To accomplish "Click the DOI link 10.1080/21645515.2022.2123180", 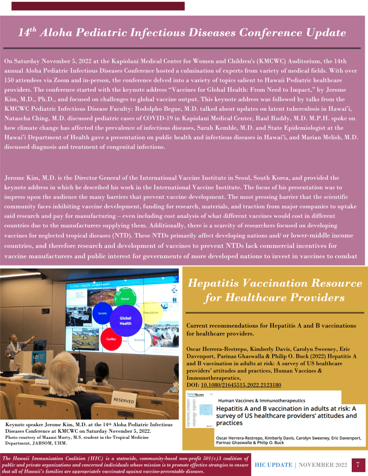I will point(241,385).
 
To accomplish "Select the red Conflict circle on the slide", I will point(110,338).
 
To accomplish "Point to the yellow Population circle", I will point(151,313).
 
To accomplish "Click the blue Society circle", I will point(103,314).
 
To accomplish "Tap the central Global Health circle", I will point(125,321).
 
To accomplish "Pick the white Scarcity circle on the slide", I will point(139,340).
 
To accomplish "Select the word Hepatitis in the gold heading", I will point(218,283).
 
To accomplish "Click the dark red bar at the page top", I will point(98,6).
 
